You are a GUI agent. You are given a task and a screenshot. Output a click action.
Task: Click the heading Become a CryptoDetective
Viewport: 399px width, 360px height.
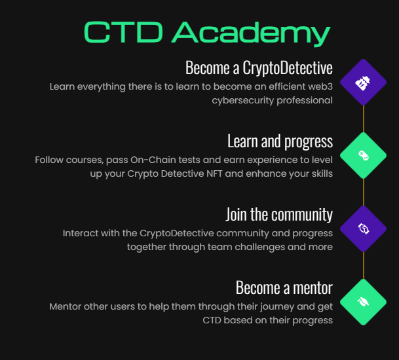(x=259, y=67)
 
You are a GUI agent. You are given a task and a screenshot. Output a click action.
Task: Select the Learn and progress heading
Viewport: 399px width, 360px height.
(x=280, y=141)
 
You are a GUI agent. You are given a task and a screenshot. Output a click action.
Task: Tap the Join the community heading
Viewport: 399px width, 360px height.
(x=279, y=214)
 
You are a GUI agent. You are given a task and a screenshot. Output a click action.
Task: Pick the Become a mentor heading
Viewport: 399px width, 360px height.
(x=284, y=287)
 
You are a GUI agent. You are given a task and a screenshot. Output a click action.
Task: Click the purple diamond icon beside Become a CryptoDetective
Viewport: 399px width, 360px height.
(x=363, y=82)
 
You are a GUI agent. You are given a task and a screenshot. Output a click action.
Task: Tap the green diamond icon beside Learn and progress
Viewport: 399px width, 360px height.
(x=363, y=155)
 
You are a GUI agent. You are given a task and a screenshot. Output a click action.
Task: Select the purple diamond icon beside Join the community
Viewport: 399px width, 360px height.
(x=363, y=228)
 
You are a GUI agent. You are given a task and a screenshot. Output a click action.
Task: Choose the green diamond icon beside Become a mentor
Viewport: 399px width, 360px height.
(x=363, y=302)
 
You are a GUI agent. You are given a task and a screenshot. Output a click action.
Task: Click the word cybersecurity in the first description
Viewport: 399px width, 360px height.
(x=242, y=100)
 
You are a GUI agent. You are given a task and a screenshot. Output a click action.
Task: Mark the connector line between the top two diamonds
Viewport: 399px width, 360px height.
(x=363, y=118)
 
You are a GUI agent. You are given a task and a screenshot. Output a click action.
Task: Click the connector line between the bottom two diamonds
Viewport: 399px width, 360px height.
(x=363, y=265)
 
